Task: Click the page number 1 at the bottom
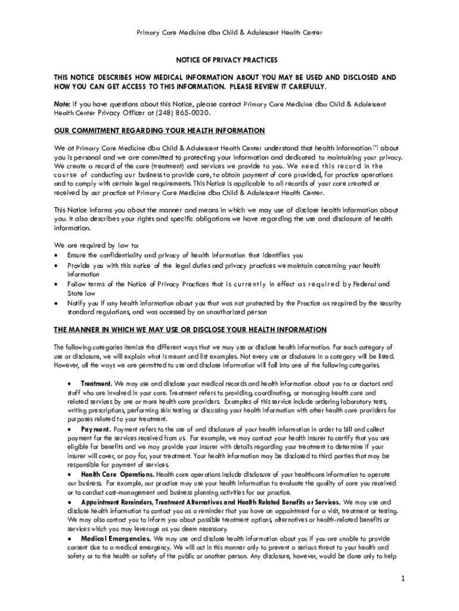tap(403, 578)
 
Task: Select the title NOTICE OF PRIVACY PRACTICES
tap(226, 60)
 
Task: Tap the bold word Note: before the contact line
tap(62, 104)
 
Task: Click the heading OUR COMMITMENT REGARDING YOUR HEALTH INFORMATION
tap(159, 131)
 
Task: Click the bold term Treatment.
tap(96, 383)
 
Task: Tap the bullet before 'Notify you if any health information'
tap(56, 303)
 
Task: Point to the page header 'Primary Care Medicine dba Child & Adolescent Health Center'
tap(229, 33)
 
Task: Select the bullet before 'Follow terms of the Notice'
tap(56, 284)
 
